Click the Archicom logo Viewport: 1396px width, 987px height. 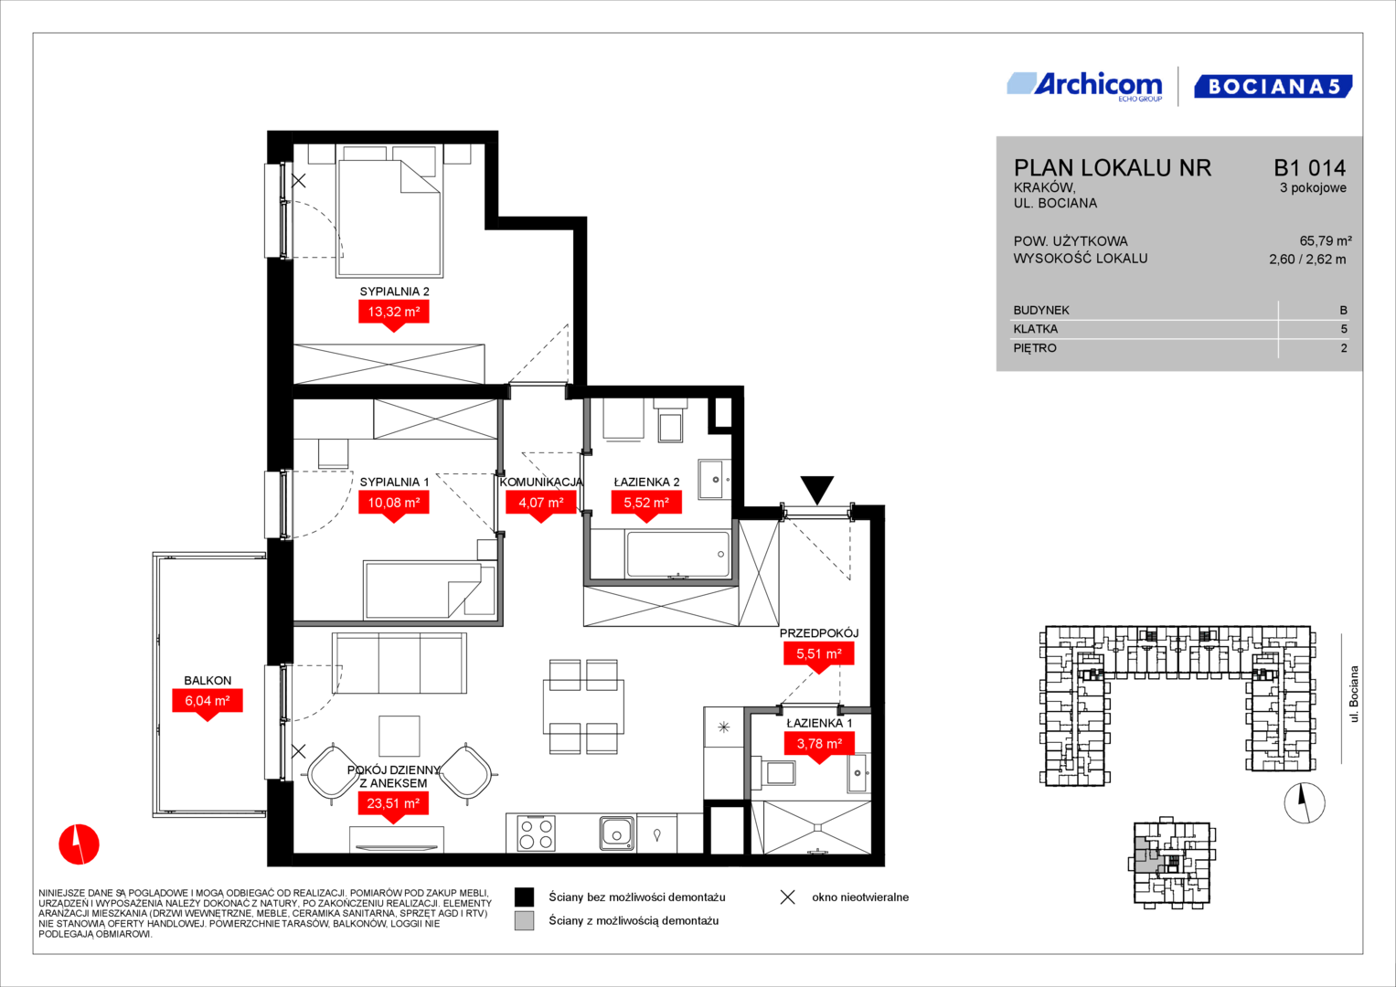pos(1084,87)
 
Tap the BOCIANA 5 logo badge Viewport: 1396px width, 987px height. pos(1273,87)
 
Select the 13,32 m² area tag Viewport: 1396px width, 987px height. pos(394,313)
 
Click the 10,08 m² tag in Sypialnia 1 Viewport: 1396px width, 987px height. pos(394,503)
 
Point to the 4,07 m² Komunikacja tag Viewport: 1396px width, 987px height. pos(541,503)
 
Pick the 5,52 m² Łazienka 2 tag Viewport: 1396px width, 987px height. pos(646,503)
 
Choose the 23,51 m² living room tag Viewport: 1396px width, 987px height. pos(393,804)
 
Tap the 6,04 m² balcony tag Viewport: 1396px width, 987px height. pos(208,701)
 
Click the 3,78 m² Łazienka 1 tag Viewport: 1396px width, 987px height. pos(819,744)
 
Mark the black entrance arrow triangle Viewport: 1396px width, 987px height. pos(817,488)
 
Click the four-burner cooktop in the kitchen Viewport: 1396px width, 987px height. pos(536,834)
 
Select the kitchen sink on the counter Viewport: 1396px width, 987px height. pos(617,833)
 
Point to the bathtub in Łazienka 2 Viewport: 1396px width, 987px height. pos(678,554)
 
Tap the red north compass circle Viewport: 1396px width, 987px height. pos(80,844)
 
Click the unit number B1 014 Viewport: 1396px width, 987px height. pos(1309,167)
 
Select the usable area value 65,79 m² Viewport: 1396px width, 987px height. pos(1326,240)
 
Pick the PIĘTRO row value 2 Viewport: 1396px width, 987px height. pos(1344,348)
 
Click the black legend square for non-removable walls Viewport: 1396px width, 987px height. pos(524,897)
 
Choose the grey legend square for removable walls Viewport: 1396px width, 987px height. pos(524,921)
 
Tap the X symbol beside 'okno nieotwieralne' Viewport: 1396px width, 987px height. pos(788,897)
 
